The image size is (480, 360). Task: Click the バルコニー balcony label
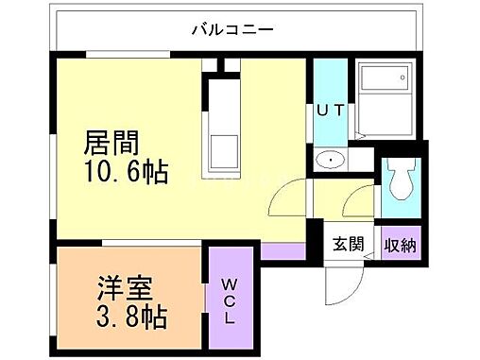(x=232, y=28)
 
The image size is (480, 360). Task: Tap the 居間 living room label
(x=112, y=144)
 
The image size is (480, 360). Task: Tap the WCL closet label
(x=231, y=300)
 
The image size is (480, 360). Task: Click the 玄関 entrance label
(x=347, y=244)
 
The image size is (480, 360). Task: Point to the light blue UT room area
(x=330, y=90)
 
